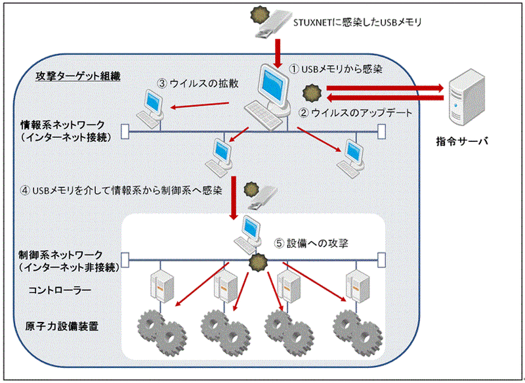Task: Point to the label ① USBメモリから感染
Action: coord(337,68)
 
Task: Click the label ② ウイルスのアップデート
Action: coord(355,112)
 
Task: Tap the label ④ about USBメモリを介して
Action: coord(121,191)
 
